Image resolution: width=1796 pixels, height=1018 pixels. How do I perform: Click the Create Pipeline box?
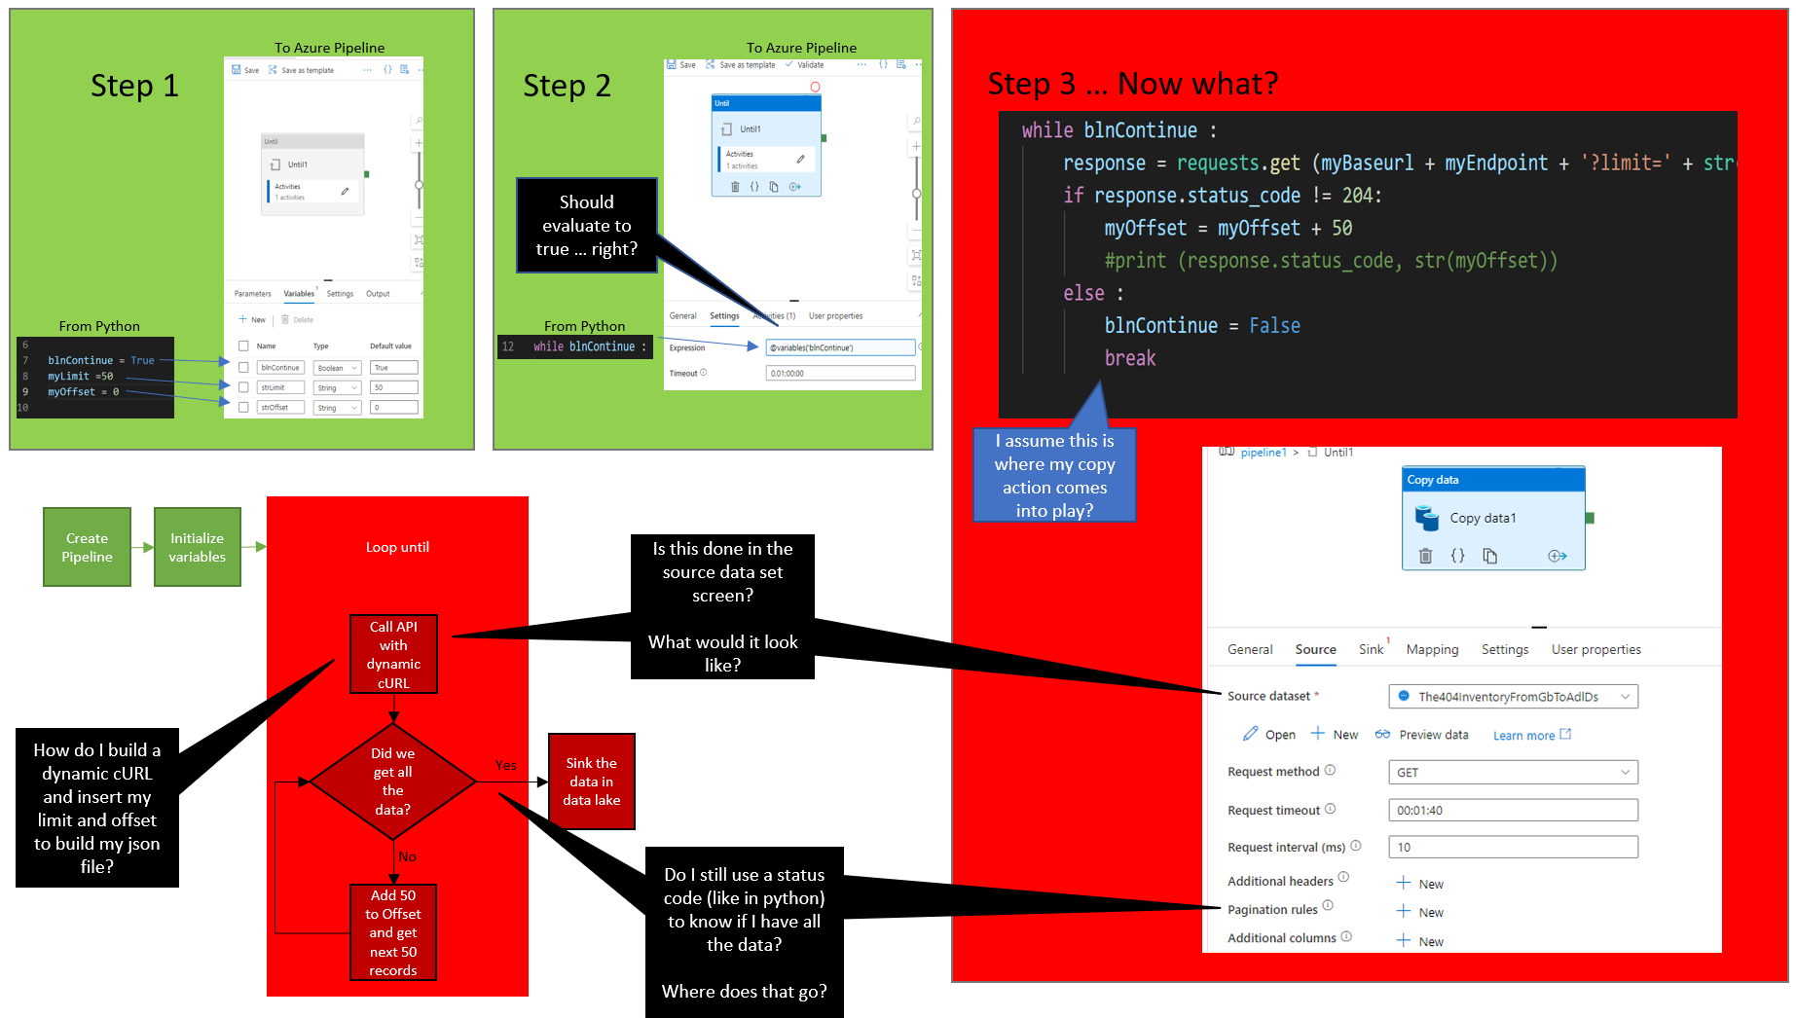coord(87,547)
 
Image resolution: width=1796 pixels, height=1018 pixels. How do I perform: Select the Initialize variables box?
coord(197,547)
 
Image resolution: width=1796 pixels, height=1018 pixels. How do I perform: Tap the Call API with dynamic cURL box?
coord(393,654)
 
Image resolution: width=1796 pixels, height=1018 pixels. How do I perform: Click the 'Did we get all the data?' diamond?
coord(392,781)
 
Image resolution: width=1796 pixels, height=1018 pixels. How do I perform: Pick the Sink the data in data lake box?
coord(591,782)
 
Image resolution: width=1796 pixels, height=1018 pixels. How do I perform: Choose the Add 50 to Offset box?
coord(393,931)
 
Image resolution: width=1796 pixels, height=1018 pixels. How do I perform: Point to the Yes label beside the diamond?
coord(505,765)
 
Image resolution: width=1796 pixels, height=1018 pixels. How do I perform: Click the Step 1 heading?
coord(134,86)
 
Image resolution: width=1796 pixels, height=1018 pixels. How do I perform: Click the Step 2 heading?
coord(567,86)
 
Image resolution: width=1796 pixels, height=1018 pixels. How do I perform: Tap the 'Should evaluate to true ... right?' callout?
coord(586,225)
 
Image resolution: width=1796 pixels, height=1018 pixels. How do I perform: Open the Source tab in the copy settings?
coord(1315,649)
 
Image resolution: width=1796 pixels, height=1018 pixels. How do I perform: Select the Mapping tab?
coord(1432,649)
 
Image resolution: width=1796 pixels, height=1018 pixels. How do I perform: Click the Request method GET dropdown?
coord(1513,772)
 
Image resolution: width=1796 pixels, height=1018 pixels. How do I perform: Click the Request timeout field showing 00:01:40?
coord(1513,810)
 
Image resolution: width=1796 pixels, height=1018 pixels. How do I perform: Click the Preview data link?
coord(1433,735)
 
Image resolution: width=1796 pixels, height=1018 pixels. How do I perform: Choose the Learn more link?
coord(1523,736)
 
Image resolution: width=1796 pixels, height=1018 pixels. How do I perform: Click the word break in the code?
coord(1130,358)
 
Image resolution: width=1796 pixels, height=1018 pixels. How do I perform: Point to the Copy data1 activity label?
coord(1483,518)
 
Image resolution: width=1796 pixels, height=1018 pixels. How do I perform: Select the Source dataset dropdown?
coord(1513,696)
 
